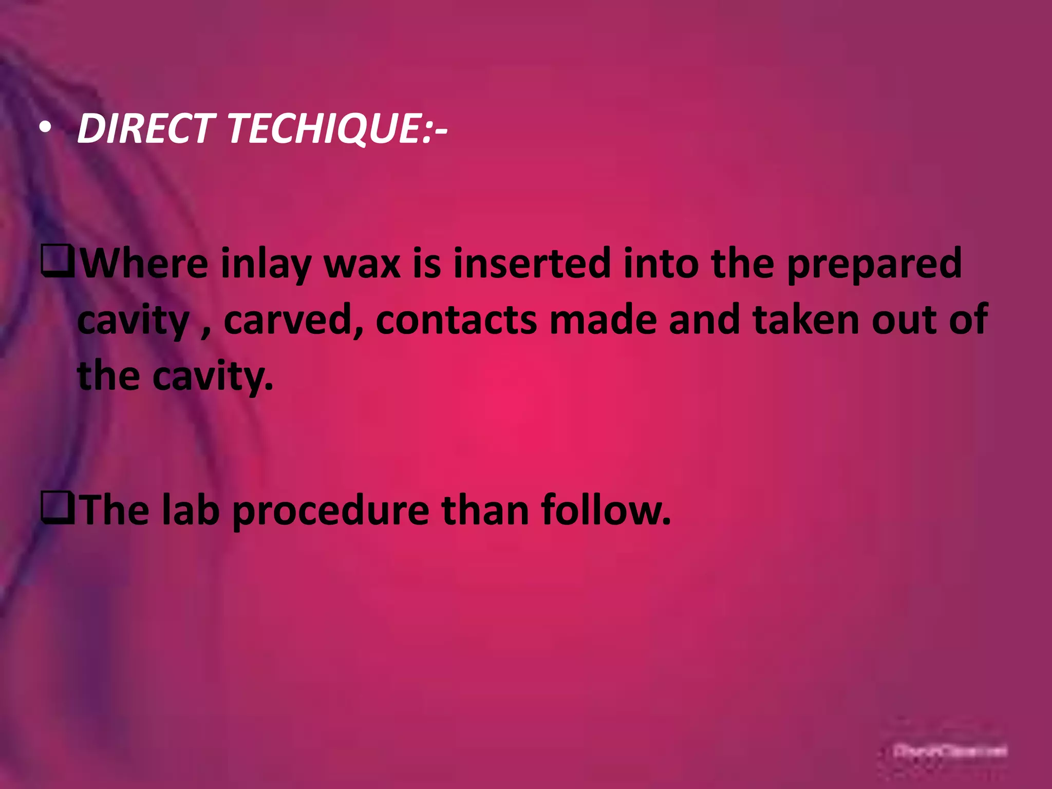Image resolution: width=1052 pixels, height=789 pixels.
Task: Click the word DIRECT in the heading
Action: [x=145, y=128]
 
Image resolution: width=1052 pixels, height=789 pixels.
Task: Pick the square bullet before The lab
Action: [x=58, y=509]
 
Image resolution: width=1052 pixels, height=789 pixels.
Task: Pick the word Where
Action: [x=144, y=263]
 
